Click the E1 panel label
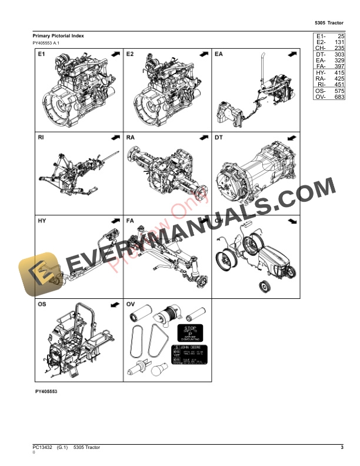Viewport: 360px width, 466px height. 42,55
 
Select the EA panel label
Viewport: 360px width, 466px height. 219,55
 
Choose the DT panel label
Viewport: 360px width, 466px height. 219,138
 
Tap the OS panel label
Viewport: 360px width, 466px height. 42,304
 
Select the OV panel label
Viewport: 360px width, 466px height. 131,304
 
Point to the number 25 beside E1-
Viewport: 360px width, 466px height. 340,36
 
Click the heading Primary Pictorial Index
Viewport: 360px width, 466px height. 58,36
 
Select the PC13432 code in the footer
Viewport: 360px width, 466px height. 42,449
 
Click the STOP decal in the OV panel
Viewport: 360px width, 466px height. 190,332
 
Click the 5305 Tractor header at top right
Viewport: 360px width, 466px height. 329,23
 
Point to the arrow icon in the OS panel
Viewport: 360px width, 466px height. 115,305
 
